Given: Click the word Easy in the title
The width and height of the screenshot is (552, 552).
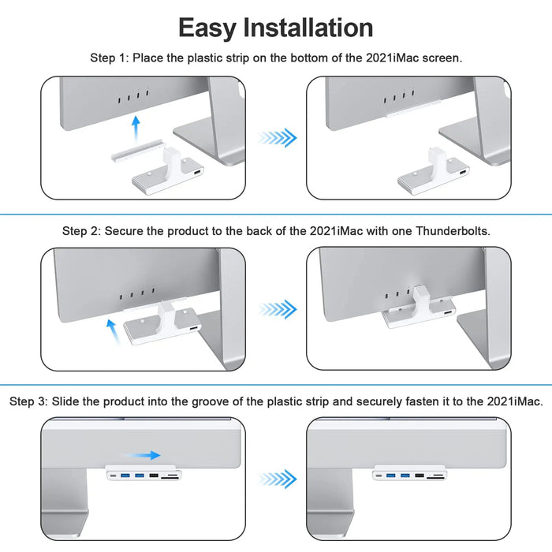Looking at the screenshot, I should tap(208, 28).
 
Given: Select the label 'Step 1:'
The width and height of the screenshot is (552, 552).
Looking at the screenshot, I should tap(110, 58).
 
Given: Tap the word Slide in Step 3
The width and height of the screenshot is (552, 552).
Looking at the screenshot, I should tap(68, 401).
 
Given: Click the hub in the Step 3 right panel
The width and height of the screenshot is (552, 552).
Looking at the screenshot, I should tap(415, 476).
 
